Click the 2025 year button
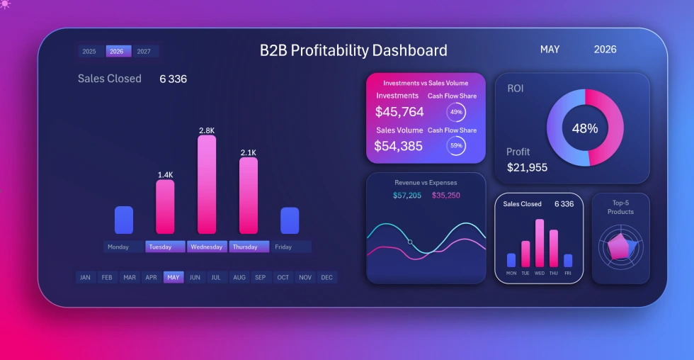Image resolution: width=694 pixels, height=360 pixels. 89,51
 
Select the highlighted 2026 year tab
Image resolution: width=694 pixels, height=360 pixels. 117,51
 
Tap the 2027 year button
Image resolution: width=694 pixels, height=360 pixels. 144,51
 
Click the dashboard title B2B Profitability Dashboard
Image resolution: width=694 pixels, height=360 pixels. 353,50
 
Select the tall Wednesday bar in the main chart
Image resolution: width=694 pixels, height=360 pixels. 207,184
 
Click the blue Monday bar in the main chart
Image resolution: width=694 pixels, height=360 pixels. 124,220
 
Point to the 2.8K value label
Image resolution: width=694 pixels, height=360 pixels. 207,130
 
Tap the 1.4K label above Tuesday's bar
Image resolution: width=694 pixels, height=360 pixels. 165,174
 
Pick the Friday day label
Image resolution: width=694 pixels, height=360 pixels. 283,247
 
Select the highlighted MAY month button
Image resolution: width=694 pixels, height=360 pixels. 173,277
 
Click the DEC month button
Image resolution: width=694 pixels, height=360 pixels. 326,277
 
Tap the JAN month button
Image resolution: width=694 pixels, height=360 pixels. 85,277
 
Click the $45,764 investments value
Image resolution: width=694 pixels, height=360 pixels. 399,112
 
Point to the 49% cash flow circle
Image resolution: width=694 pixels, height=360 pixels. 456,112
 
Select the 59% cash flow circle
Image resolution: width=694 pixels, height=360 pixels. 456,145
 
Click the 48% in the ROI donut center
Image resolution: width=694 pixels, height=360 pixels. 585,128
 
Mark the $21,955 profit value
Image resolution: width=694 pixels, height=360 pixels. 527,167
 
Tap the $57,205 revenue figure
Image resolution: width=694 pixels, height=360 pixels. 407,195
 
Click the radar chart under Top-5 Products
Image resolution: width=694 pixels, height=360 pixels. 620,246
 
